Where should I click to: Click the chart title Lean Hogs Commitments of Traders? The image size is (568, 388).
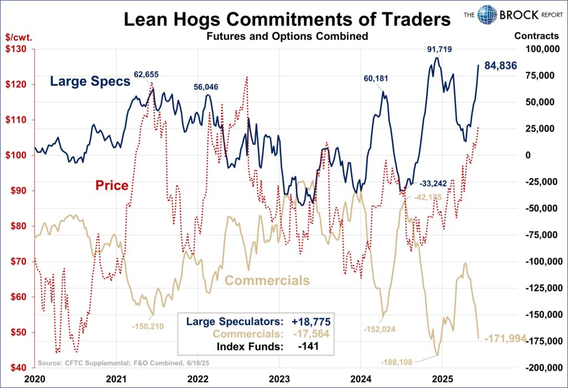287,20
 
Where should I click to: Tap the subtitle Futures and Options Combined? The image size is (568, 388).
287,37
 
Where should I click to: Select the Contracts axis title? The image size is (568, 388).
536,36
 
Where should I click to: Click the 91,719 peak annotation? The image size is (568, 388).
439,50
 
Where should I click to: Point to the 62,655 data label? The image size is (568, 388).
146,74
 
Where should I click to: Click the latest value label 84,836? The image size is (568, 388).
500,66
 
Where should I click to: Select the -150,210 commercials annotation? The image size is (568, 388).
148,326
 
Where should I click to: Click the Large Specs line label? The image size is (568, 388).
90,82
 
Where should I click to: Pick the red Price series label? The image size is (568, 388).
112,185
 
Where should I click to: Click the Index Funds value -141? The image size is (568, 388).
308,347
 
